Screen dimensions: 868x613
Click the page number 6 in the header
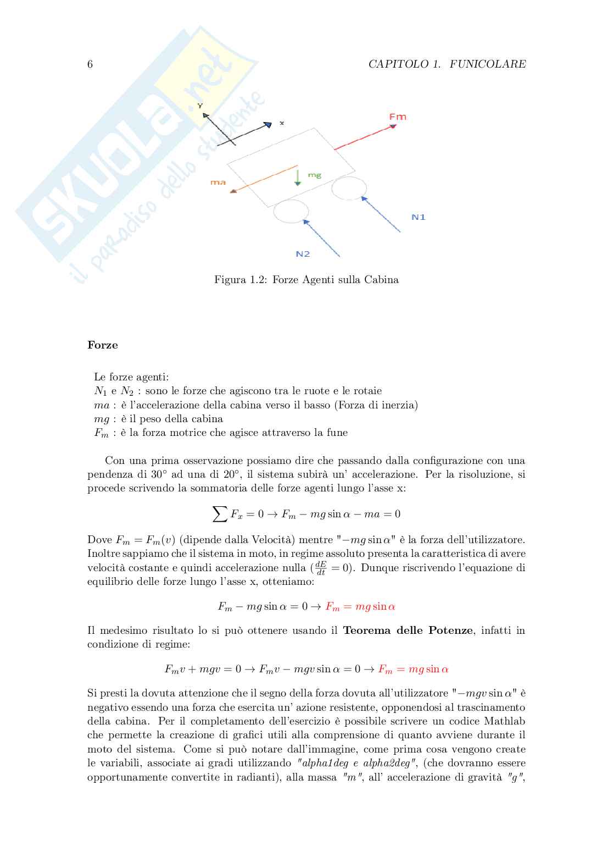90,64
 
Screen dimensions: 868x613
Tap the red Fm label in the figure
398,117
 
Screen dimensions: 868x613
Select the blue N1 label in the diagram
419,217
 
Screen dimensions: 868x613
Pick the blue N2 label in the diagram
303,254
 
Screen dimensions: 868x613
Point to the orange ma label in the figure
218,182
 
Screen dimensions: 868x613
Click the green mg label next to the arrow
314,175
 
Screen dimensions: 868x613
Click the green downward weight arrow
297,178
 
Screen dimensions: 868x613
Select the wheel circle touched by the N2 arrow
291,212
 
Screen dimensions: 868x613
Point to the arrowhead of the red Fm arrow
393,126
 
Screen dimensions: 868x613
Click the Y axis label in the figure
200,106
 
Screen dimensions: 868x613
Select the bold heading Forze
103,345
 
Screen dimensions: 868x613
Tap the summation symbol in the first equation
220,515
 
